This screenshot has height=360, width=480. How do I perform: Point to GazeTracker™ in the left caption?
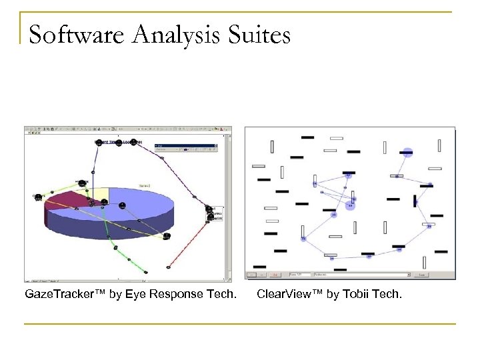coord(63,294)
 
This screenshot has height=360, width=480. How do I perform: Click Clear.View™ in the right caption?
coord(288,294)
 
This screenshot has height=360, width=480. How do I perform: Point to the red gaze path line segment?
coord(193,243)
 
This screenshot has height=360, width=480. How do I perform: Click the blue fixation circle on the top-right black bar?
coord(407,153)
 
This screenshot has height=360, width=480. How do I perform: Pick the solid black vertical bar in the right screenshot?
coord(415,200)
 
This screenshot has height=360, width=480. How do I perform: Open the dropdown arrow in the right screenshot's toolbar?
coord(407,274)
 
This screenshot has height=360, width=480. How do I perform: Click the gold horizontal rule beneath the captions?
coord(240,324)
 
